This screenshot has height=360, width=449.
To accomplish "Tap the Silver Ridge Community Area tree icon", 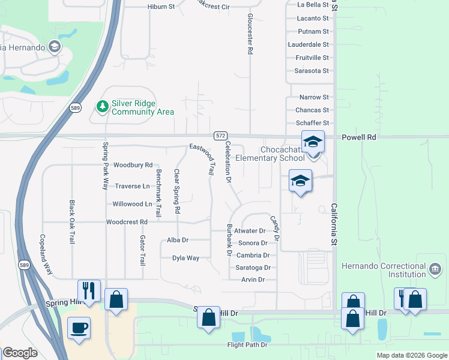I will tap(103, 107).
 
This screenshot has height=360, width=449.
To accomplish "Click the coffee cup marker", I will tap(79, 328).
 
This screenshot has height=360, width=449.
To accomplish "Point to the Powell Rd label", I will tap(358, 137).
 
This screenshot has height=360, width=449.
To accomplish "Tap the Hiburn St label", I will tap(160, 7).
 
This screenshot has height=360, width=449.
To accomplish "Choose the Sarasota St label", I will tap(312, 71).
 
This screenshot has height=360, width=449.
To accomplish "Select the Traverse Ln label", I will tap(132, 186).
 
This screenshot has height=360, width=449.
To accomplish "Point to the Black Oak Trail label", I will tap(71, 222).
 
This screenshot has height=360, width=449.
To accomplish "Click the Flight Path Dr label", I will tap(247, 345).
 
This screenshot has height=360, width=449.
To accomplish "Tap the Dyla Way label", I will tap(185, 258).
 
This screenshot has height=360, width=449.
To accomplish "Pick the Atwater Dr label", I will tap(250, 231).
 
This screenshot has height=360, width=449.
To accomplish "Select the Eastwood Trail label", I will tap(202, 158).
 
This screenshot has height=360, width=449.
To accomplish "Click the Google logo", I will tap(20, 353).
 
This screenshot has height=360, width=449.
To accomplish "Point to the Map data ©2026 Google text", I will tap(411, 355).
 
